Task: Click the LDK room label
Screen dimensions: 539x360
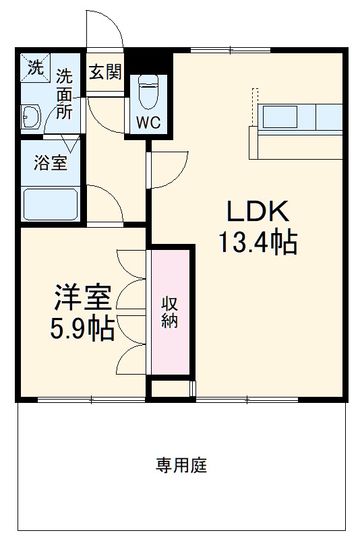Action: click(x=257, y=212)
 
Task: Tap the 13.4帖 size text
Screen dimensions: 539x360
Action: click(x=257, y=242)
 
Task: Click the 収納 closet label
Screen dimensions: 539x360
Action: click(x=169, y=311)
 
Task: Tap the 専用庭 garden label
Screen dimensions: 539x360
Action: click(x=181, y=464)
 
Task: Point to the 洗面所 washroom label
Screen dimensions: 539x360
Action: click(x=64, y=94)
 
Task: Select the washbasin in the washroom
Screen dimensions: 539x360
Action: click(x=30, y=117)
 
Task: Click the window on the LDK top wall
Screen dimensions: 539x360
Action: click(x=231, y=49)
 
